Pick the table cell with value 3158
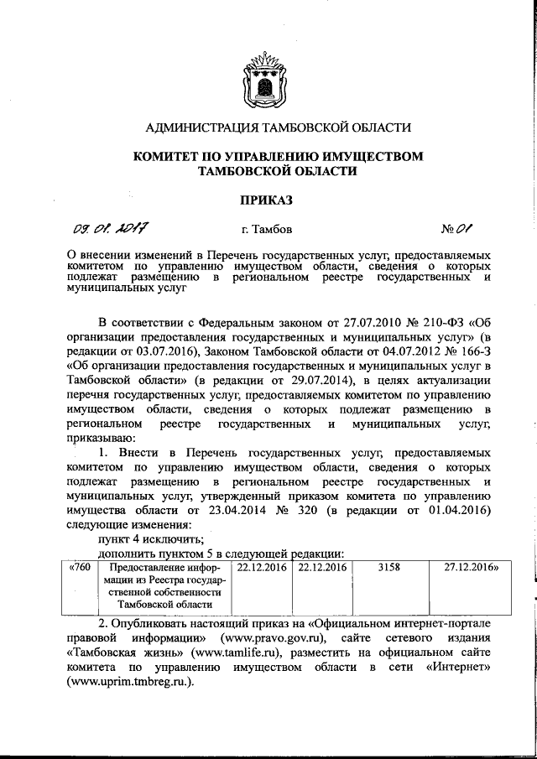pyautogui.click(x=388, y=569)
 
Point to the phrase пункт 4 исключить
pyautogui.click(x=151, y=538)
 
